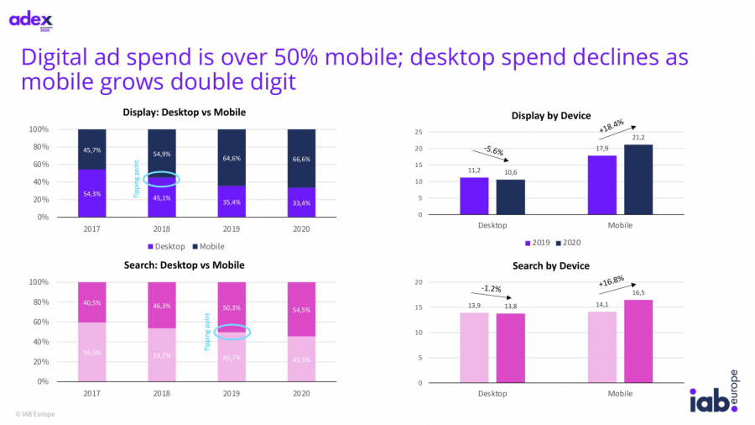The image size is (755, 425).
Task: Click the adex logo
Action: coord(30,19)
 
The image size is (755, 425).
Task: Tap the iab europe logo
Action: coord(711,394)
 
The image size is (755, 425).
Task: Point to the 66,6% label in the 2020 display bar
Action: coord(302,157)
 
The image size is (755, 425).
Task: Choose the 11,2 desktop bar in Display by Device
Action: coord(474,197)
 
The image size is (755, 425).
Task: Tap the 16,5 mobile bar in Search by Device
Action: coord(638,340)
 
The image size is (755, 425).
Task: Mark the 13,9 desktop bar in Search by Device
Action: coord(474,347)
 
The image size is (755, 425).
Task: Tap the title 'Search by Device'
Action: coord(551,266)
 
